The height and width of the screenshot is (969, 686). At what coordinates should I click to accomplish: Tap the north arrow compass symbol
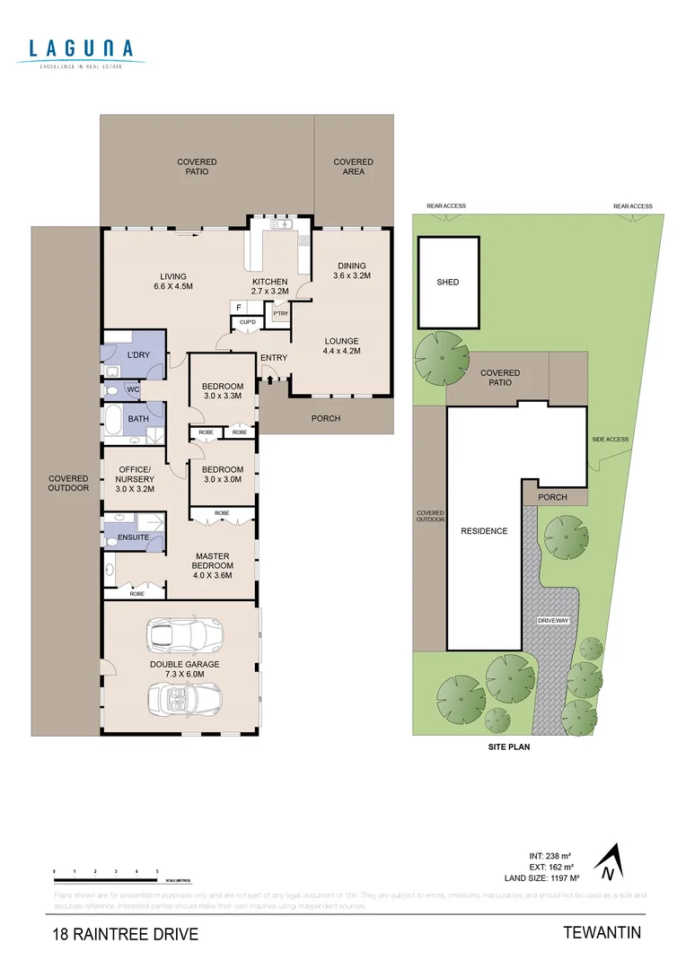[609, 861]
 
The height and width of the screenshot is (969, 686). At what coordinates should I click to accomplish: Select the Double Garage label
[183, 669]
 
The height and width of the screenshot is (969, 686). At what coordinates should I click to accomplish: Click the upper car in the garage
[182, 634]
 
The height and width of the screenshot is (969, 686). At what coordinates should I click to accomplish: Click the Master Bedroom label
[214, 565]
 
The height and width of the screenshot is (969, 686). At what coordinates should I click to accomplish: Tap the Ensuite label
[134, 537]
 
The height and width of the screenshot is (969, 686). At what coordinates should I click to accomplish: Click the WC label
[133, 390]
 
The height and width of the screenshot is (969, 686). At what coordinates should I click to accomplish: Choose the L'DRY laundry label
[138, 355]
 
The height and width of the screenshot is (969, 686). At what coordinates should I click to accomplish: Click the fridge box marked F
[239, 308]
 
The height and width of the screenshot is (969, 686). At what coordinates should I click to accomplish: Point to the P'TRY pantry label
[280, 313]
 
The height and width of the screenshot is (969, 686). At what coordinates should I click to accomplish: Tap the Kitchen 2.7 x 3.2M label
[269, 286]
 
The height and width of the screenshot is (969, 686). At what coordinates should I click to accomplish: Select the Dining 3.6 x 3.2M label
[351, 270]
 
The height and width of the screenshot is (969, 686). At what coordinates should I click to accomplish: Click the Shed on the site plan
[448, 282]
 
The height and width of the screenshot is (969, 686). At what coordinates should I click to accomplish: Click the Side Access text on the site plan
[610, 440]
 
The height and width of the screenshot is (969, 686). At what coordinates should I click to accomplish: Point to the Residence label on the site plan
[484, 531]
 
